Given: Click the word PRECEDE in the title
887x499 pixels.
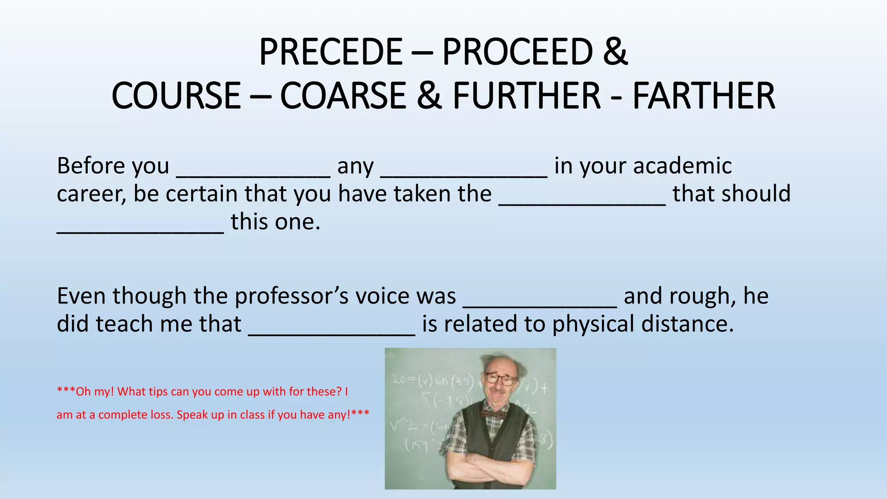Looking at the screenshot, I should coord(331,52).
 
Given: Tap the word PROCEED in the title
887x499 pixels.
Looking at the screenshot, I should coord(517,52).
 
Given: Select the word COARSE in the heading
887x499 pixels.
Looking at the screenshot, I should coord(343,96).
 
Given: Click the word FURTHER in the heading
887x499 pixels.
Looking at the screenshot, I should coord(527,96).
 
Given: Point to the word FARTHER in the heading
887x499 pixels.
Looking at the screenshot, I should coord(704,96).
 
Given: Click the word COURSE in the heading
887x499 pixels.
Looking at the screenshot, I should coord(176,96).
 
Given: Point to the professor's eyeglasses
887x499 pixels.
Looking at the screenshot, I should coord(501,379).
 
